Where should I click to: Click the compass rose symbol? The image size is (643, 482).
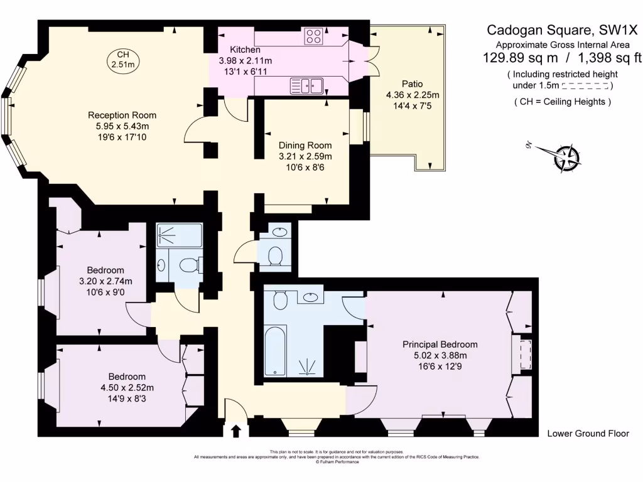(568, 157)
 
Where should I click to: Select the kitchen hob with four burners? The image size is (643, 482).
(314, 36)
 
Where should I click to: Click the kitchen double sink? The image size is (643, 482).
(306, 85)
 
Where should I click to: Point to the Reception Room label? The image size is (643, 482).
(122, 115)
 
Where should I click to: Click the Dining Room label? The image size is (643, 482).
(305, 145)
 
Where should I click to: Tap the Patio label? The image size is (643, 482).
(412, 84)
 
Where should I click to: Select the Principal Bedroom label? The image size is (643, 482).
(440, 345)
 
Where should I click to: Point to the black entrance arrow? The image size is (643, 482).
(236, 431)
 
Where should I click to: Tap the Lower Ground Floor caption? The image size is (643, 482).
(588, 434)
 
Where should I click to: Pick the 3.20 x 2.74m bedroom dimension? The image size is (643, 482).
(105, 281)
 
